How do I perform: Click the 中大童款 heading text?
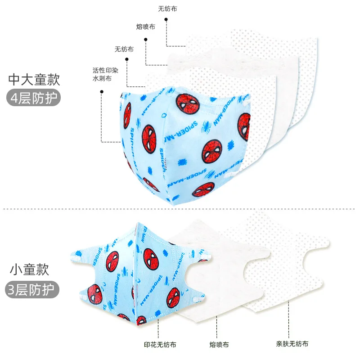pyautogui.click(x=34, y=80)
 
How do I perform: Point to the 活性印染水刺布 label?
pyautogui.click(x=102, y=74)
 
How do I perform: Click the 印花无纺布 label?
pyautogui.click(x=161, y=345)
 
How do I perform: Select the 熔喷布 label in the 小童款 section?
pyautogui.click(x=219, y=345)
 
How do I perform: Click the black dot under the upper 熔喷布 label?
pyautogui.click(x=146, y=39)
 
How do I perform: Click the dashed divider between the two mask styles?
pyautogui.click(x=180, y=209)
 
